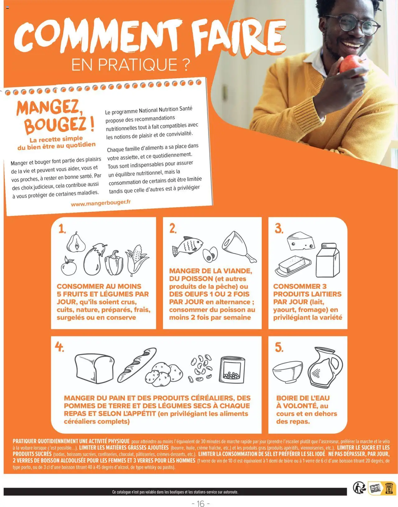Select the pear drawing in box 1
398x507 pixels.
click(76, 242)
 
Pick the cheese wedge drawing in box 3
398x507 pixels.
click(301, 241)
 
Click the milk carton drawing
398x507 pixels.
click(328, 260)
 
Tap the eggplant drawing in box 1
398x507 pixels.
click(94, 259)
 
